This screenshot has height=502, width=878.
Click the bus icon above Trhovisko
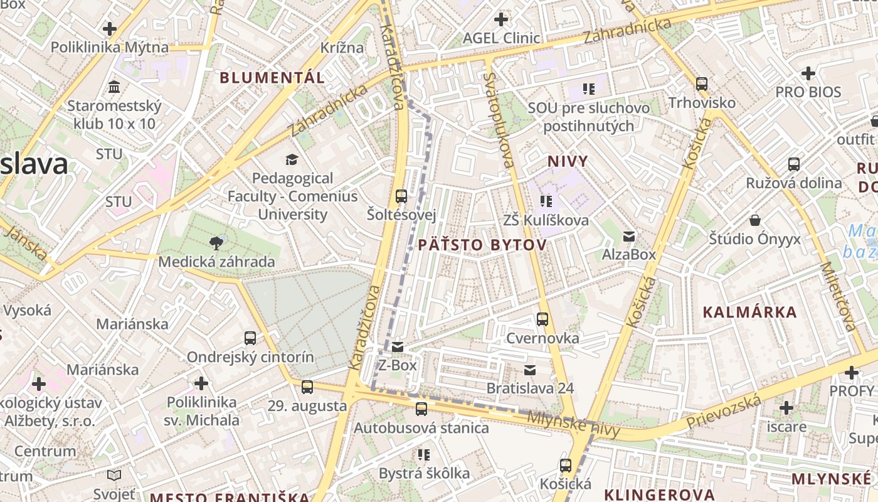pos(702,83)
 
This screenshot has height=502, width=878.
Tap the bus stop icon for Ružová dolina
pos(794,164)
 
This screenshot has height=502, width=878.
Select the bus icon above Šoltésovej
pos(401,196)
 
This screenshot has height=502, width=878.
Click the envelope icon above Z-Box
pos(398,347)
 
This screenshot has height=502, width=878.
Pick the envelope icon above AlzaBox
pos(628,237)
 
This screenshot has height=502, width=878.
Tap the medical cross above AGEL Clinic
pos(500,19)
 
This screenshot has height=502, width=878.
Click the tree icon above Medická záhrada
pos(216,243)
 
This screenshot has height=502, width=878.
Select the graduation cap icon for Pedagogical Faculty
pos(291,160)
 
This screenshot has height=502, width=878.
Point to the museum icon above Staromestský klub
pos(114,87)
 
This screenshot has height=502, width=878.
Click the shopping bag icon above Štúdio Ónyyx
pos(755,220)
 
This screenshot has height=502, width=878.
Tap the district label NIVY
pos(568,161)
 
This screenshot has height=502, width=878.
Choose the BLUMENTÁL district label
pos(272,78)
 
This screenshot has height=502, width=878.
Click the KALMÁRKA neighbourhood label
pos(749,312)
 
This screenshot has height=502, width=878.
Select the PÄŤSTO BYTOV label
pos(482,245)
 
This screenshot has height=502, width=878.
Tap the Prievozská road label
pos(724,412)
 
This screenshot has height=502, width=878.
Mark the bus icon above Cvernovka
pos(542,319)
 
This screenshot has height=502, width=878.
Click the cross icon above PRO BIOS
pos(808,73)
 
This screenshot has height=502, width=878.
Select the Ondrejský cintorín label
pos(250,357)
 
